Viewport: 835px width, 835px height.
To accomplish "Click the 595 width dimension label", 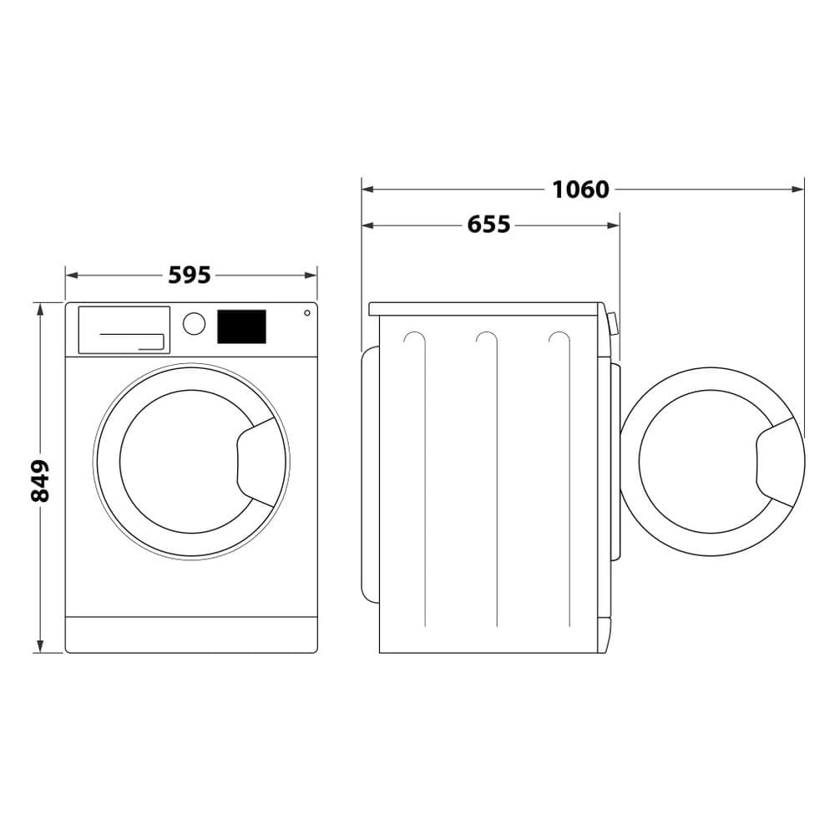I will [x=190, y=275].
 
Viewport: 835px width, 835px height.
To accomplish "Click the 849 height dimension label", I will [x=40, y=480].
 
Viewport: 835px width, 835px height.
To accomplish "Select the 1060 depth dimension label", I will [x=580, y=190].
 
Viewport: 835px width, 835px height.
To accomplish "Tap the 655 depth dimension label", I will [x=488, y=225].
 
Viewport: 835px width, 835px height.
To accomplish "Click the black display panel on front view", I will [x=241, y=326].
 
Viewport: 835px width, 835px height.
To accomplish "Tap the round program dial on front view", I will [x=194, y=324].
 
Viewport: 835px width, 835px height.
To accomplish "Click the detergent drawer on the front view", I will [x=124, y=329].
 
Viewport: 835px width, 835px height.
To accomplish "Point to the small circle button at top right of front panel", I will [x=307, y=313].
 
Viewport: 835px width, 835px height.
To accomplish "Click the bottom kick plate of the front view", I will [x=191, y=635].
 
